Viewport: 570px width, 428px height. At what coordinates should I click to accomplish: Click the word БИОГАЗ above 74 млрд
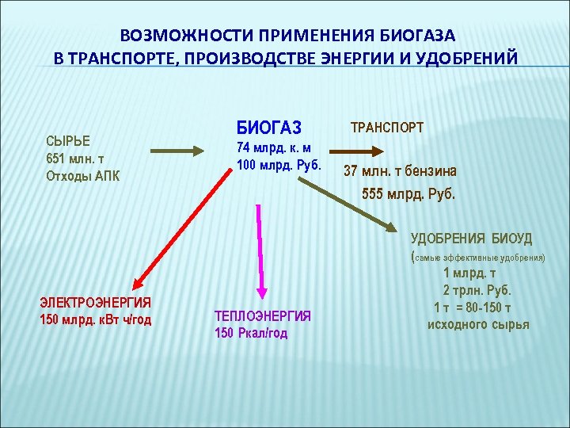coord(269,128)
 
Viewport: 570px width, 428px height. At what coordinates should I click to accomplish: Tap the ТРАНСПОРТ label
coord(387,128)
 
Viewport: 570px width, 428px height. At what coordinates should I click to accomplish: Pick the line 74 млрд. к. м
coord(274,148)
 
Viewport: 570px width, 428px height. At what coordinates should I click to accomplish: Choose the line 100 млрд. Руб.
coord(279,166)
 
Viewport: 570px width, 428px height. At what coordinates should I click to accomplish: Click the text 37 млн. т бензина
coord(399,170)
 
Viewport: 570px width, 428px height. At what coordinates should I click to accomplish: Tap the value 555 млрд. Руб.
coord(408,193)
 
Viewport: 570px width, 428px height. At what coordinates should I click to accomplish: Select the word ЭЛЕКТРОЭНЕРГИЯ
coord(95,302)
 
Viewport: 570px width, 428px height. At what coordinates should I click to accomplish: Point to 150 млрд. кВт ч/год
coord(95,319)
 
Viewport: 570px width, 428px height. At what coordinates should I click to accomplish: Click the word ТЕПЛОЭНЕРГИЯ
coord(263,316)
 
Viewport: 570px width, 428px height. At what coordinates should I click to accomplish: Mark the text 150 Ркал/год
coord(251,333)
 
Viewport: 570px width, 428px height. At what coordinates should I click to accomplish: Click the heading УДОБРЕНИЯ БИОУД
coord(471,239)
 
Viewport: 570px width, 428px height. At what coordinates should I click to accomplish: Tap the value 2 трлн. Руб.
coord(477,290)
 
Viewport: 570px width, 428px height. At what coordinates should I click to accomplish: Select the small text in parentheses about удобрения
coord(478,258)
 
